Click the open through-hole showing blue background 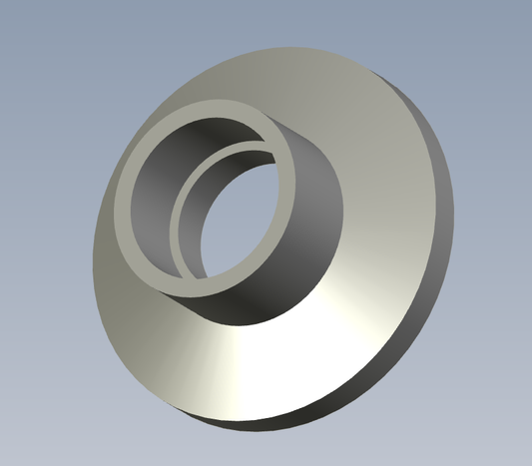[x=245, y=215]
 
